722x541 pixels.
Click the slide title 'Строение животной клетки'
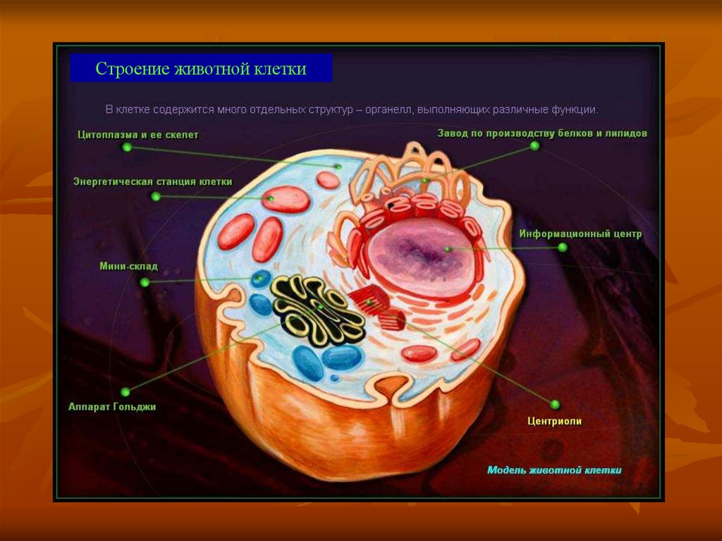(x=201, y=70)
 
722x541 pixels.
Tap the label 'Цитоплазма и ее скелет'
(x=138, y=134)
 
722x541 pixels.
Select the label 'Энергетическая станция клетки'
(x=152, y=182)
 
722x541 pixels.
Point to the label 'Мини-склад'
(x=128, y=267)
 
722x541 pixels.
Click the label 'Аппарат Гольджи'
(x=112, y=407)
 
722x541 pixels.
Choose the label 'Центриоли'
(x=554, y=421)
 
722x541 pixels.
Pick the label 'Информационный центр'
(x=580, y=234)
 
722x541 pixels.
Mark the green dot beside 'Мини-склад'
(x=145, y=282)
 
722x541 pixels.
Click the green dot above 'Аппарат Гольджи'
(x=126, y=391)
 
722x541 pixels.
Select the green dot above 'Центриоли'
(x=554, y=404)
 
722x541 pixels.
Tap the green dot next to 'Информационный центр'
(x=562, y=248)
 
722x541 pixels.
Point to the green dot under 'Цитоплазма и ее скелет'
(x=127, y=147)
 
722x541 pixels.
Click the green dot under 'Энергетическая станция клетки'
(x=156, y=197)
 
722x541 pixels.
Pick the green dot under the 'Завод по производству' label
(x=534, y=146)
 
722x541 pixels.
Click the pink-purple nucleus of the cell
(x=422, y=255)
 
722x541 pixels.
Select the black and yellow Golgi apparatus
(x=317, y=310)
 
